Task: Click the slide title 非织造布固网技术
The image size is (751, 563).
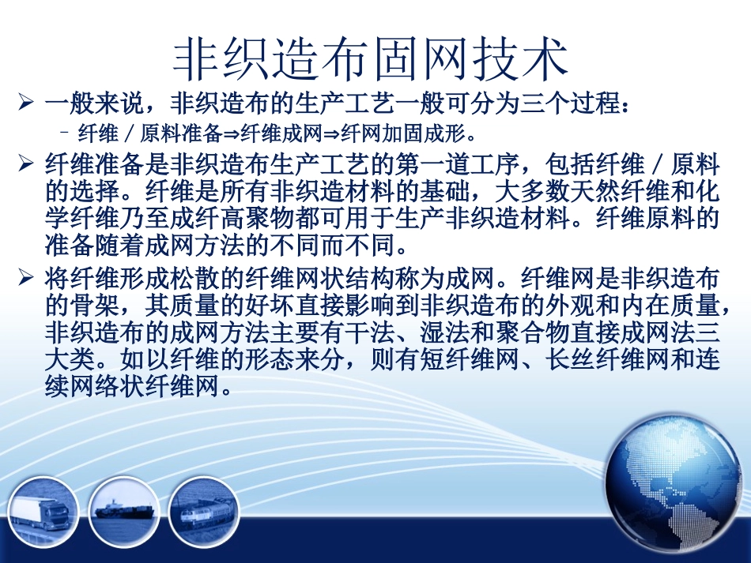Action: [371, 59]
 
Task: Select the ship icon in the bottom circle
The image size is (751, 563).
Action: [124, 509]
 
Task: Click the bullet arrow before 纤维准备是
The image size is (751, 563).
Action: [27, 165]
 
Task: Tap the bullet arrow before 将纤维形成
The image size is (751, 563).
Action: [27, 278]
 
